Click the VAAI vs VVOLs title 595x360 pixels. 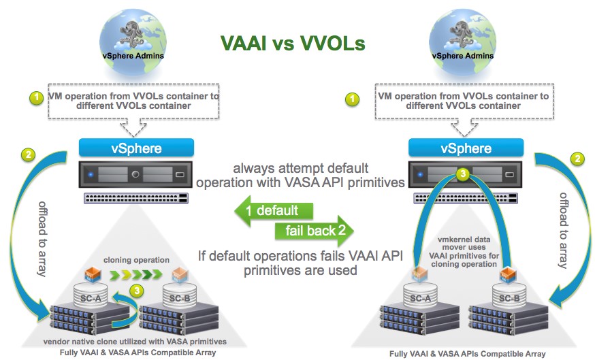tap(293, 43)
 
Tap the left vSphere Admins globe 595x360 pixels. tap(133, 42)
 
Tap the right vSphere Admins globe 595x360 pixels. tap(462, 42)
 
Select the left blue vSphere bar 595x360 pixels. tap(136, 148)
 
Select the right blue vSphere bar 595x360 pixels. tap(466, 148)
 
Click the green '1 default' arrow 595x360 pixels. tap(274, 210)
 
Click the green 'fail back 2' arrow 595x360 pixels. tap(315, 230)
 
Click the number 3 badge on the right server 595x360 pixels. tap(462, 174)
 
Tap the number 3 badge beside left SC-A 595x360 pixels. tap(137, 291)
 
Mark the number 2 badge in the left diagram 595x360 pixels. tap(28, 154)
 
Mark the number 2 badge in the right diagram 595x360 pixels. tap(577, 159)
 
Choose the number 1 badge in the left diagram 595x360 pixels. tap(37, 98)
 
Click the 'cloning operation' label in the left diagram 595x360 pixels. tap(136, 260)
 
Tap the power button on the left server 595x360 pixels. tap(135, 174)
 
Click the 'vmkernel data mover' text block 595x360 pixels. tap(464, 252)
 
